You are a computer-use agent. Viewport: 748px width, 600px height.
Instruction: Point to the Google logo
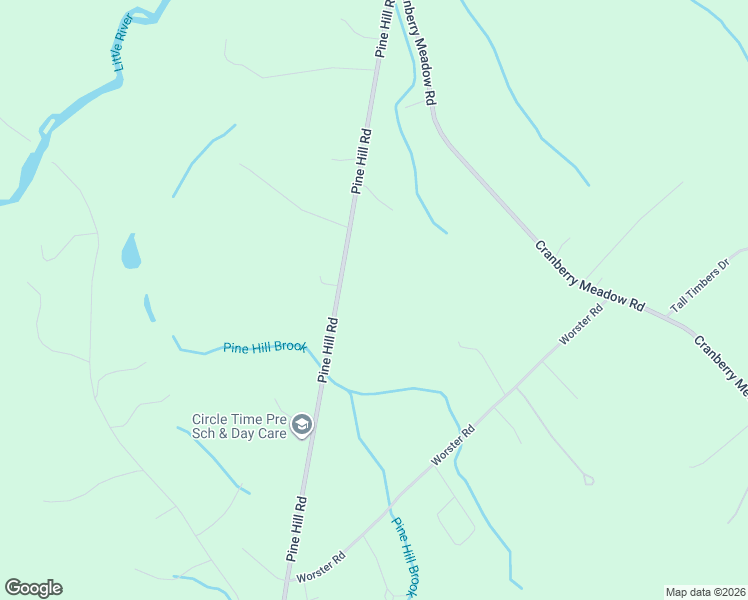(33, 588)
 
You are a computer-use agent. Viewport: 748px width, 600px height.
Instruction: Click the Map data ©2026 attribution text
(704, 592)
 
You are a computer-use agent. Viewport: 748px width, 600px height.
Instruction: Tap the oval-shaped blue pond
(131, 251)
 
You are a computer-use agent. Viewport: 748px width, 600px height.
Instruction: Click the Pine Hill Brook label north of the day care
(264, 346)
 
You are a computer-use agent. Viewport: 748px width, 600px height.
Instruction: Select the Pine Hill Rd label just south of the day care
(296, 527)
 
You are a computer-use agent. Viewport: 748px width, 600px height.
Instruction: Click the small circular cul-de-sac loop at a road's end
(588, 481)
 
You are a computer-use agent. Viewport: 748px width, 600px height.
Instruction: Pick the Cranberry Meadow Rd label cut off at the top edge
(418, 50)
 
